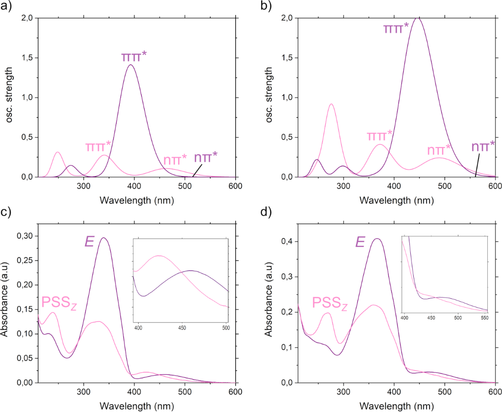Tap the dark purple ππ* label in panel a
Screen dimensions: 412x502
click(134, 56)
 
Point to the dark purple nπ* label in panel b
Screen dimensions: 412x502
click(483, 147)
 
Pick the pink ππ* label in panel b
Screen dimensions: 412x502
click(379, 136)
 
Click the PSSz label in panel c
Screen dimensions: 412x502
click(58, 301)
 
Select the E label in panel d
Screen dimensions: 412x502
click(360, 242)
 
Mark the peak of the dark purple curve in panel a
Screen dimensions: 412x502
click(131, 65)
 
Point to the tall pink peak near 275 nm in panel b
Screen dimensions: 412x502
click(331, 104)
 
